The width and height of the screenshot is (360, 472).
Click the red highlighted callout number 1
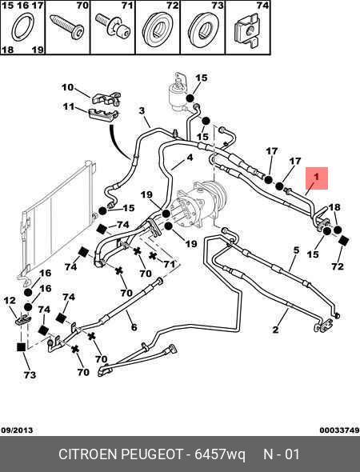coord(316,177)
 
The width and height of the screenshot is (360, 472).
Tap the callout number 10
coord(67,87)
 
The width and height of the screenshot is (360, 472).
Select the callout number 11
coord(68,106)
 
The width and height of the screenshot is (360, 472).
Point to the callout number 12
coord(10,300)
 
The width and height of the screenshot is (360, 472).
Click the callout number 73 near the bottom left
coord(30,374)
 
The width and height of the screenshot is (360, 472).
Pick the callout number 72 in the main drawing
coord(337,266)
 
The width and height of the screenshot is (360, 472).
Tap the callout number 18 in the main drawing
coord(334,207)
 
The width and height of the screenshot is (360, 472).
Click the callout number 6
coord(134,327)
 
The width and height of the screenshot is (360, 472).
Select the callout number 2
coord(275,330)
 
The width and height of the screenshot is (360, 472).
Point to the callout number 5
coord(297,250)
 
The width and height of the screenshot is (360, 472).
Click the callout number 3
coord(142,110)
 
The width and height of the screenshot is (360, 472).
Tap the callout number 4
coord(190,158)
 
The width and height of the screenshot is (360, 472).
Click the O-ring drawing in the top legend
coord(23,29)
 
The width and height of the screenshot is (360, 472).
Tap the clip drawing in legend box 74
coord(247,31)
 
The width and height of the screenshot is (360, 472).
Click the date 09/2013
coord(17,430)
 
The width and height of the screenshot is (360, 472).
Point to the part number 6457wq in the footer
coord(220,454)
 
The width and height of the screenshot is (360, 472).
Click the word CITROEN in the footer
coord(88,454)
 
